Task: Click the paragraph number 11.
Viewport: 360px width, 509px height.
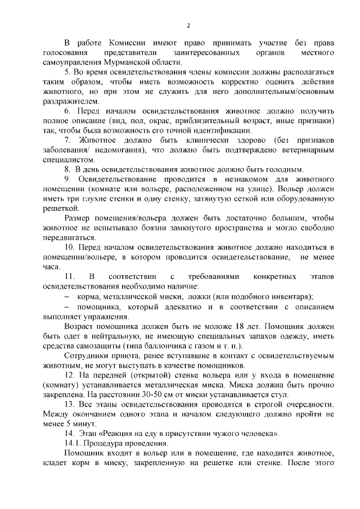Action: (70, 277)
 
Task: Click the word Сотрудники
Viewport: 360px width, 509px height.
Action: (86, 356)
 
